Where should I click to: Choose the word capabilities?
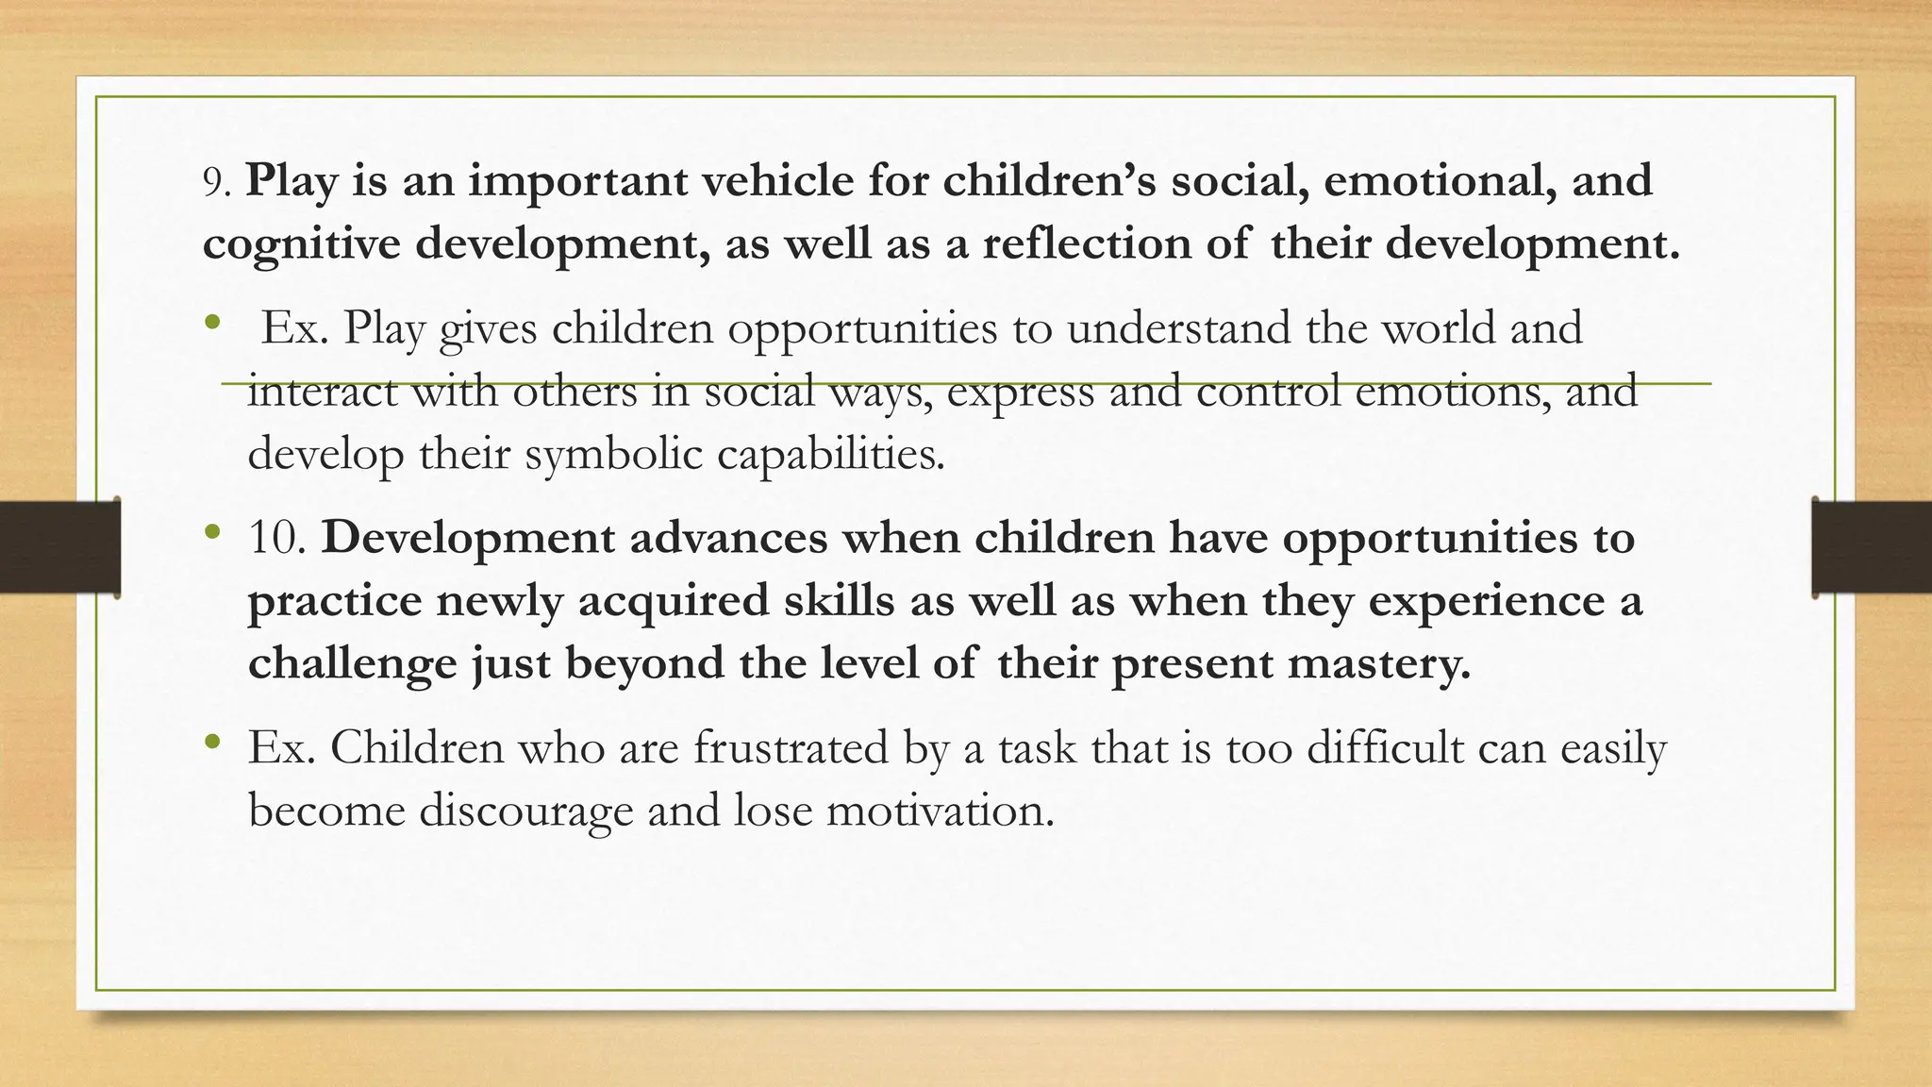830,454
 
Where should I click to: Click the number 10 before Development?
275,539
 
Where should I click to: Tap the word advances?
728,538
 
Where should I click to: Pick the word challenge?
352,663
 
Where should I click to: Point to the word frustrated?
791,748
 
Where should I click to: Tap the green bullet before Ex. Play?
213,323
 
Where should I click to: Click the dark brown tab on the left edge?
59,547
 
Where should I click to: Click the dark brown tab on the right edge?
1872,547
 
